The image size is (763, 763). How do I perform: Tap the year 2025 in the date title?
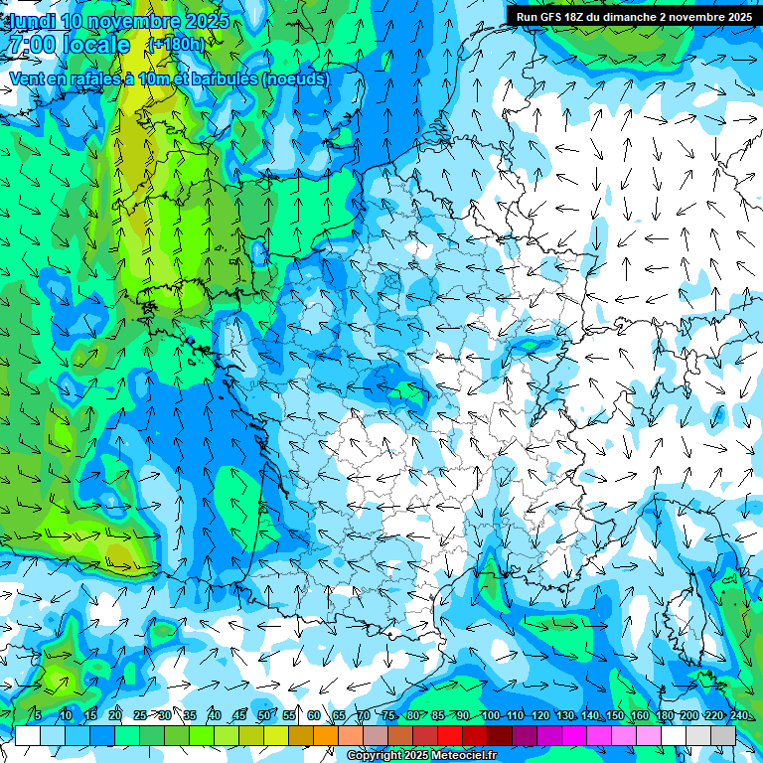pos(203,21)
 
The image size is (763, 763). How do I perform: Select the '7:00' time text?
pos(31,45)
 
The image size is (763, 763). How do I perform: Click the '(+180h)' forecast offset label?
pos(176,45)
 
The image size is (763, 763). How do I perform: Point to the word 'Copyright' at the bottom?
pos(375,756)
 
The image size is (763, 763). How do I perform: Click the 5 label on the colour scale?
pos(38,716)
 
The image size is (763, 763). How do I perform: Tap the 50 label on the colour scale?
pos(264,716)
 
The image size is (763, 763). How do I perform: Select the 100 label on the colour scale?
pos(490,716)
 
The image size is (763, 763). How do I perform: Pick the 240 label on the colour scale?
pos(739,716)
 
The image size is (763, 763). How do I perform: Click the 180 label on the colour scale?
pos(664,716)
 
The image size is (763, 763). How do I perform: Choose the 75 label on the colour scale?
pos(388,716)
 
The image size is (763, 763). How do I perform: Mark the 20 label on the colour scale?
pos(115,716)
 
